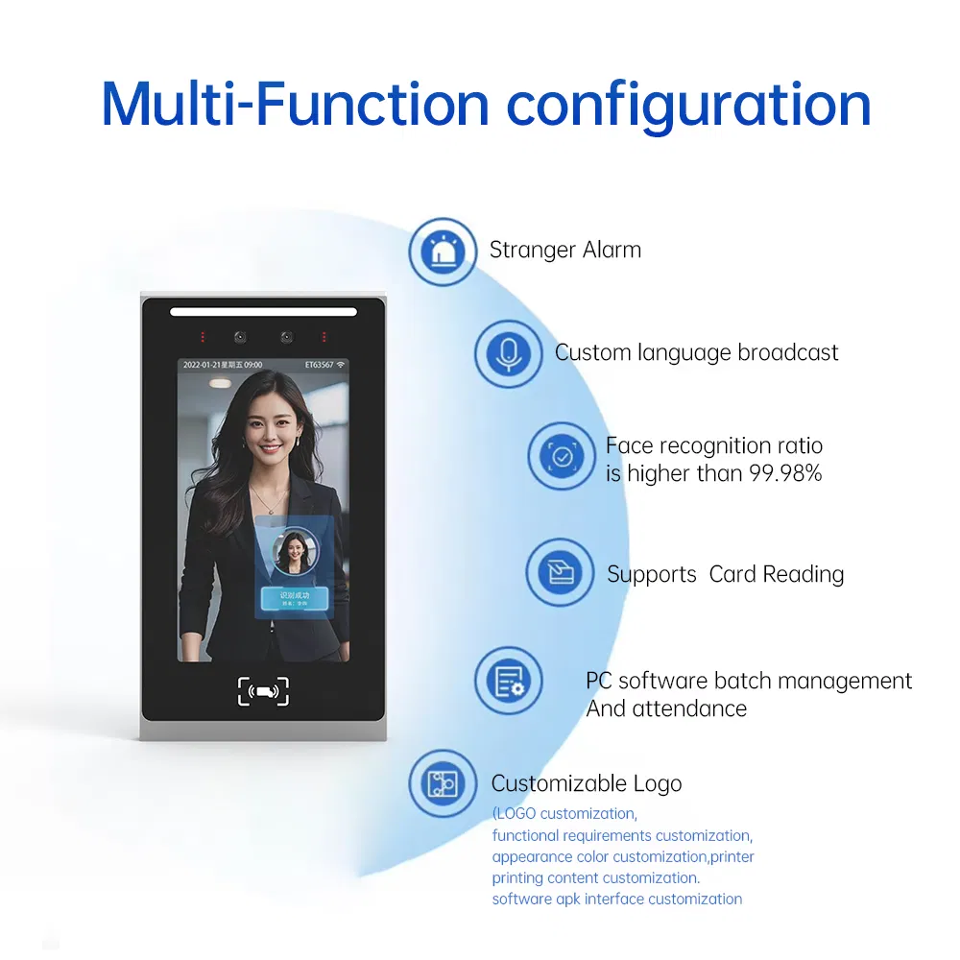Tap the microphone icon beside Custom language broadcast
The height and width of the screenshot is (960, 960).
tap(508, 353)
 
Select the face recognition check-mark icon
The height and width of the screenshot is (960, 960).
tap(562, 457)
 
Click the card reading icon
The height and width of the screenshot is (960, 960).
tap(560, 573)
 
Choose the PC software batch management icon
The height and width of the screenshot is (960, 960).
tap(509, 681)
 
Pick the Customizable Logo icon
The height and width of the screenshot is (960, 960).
tap(443, 783)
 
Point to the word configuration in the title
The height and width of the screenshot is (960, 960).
tap(688, 106)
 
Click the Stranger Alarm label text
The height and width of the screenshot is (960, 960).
tap(564, 251)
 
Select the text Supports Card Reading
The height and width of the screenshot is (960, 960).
tap(725, 574)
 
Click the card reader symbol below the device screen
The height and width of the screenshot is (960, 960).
tap(263, 690)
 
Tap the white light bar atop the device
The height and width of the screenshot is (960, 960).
tap(263, 311)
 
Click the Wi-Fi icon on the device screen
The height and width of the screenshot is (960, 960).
tap(342, 366)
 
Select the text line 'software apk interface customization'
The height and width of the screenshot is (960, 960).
tap(616, 900)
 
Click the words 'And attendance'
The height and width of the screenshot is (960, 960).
tap(666, 709)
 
